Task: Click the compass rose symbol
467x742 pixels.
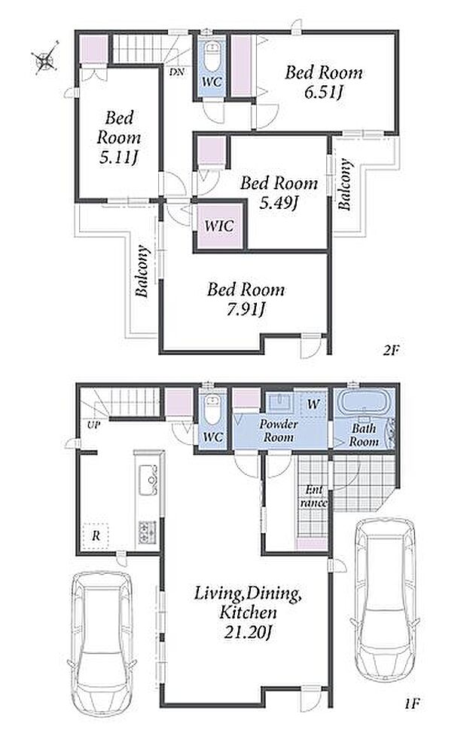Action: pos(45,59)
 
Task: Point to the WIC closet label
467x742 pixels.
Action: pos(219,225)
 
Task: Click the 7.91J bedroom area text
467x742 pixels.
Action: pos(246,310)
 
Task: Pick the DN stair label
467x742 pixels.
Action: pos(177,72)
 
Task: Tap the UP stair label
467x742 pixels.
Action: pos(93,425)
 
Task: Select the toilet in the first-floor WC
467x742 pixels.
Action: pos(212,409)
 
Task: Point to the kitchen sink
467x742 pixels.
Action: pos(148,480)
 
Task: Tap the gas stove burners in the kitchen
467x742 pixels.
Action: pos(148,532)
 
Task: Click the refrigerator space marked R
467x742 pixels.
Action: pos(96,536)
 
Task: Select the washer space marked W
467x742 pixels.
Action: pos(312,405)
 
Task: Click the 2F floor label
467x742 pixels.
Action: pos(391,351)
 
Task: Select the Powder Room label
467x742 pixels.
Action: pos(278,431)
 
